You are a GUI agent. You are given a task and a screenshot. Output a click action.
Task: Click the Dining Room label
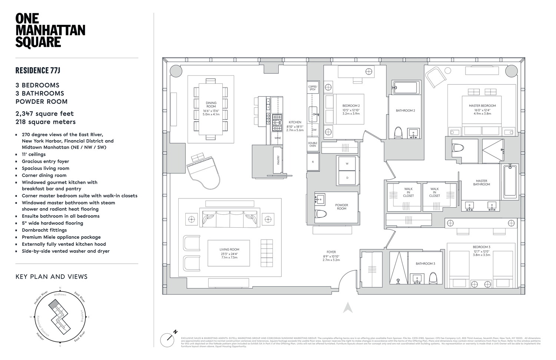[211, 105]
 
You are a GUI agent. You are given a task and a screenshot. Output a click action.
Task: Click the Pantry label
[278, 160]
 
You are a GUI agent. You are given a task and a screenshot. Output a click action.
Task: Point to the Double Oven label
[313, 144]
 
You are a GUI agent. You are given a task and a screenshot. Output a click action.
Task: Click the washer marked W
[347, 164]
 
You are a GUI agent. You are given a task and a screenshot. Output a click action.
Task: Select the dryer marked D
[347, 178]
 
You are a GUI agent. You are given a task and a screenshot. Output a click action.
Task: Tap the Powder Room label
[341, 207]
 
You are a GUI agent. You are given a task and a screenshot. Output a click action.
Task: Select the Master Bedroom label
[482, 106]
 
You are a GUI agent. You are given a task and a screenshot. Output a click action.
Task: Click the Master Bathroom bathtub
[510, 181]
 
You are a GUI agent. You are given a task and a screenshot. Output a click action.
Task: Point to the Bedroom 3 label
[481, 247]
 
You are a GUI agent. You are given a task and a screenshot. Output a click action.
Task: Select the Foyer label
[331, 252]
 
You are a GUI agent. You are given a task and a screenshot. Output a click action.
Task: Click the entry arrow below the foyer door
[347, 308]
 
